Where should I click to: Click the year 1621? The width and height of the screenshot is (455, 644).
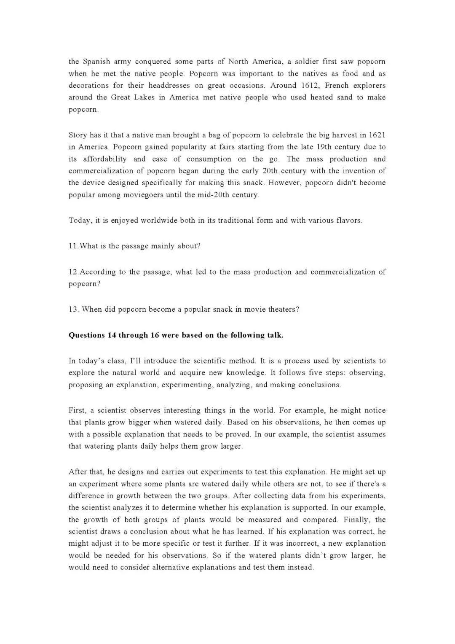pos(377,135)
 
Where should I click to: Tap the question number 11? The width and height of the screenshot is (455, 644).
pos(73,246)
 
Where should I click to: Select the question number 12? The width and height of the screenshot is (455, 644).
pos(73,272)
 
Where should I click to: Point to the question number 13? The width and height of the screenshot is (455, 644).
pos(73,310)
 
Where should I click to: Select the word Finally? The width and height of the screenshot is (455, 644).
pos(356,520)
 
